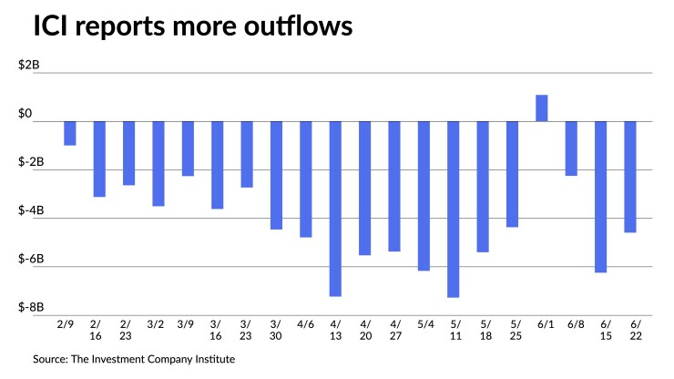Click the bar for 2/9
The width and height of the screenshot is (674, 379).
[70, 133]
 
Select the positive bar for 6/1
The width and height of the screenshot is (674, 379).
[542, 108]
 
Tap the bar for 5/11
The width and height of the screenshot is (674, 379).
[453, 209]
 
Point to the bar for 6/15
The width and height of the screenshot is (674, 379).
[601, 196]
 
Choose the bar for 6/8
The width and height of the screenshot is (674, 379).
[571, 148]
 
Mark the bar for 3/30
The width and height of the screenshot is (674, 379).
[276, 175]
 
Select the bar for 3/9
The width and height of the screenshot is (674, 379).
[188, 148]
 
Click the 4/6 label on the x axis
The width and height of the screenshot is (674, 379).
[306, 323]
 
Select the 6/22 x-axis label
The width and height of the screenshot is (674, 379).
[630, 330]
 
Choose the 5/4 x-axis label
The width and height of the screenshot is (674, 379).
[424, 323]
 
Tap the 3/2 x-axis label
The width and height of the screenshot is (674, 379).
[158, 323]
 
